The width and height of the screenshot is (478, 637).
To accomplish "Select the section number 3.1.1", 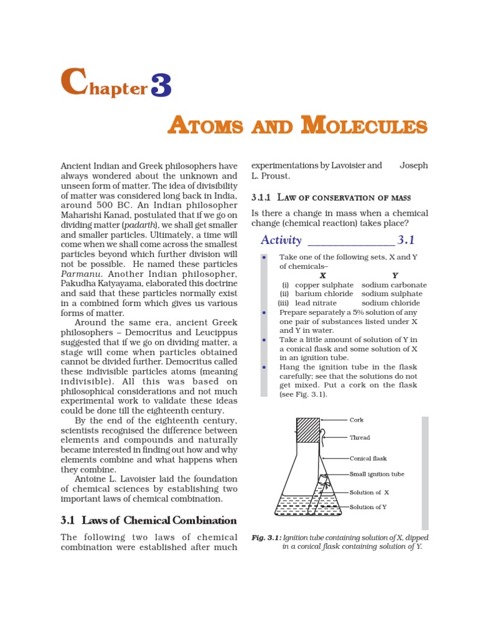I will pos(261,198).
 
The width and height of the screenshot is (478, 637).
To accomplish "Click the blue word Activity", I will pos(281,240).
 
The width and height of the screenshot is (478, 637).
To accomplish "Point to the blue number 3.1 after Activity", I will pos(406,240).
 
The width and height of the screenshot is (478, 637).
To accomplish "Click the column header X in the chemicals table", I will pos(322,275).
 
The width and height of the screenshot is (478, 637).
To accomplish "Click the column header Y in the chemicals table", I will pos(395,275).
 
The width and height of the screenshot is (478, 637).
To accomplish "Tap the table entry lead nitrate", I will pos(316,303).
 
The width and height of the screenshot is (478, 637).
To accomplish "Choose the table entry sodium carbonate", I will pos(392,284).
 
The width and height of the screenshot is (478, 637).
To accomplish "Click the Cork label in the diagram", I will pos(357,420).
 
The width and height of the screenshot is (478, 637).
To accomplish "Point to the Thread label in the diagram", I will pos(360,437).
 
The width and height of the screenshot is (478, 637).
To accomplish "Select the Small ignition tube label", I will pos(377,474).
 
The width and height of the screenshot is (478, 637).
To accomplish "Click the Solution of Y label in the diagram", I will pos(368,507).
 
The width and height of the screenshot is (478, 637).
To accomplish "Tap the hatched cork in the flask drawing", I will pos(308,430).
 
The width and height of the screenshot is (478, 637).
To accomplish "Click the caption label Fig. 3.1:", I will pos(265,537).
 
